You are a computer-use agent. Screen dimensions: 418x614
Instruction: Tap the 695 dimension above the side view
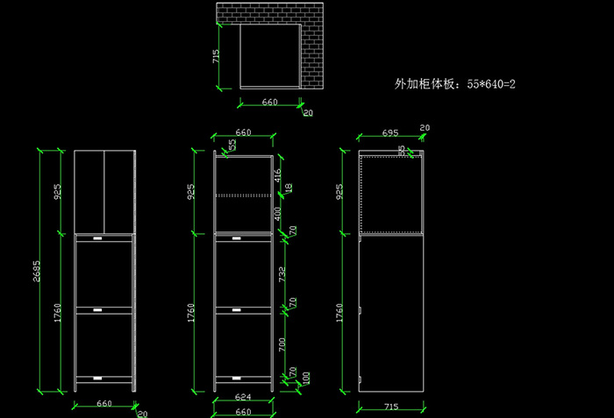[391, 132]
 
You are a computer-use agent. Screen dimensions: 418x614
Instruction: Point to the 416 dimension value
[278, 176]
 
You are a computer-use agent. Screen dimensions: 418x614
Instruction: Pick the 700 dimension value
[282, 344]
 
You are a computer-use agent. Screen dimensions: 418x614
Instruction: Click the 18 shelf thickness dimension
[289, 188]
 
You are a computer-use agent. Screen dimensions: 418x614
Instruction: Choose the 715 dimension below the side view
[392, 407]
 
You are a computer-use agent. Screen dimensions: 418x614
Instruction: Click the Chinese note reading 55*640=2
[454, 84]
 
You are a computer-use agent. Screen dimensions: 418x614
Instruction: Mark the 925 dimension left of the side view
[339, 192]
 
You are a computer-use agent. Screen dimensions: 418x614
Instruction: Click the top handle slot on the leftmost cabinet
[98, 238]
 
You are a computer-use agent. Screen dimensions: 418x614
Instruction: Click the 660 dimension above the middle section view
[243, 132]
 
